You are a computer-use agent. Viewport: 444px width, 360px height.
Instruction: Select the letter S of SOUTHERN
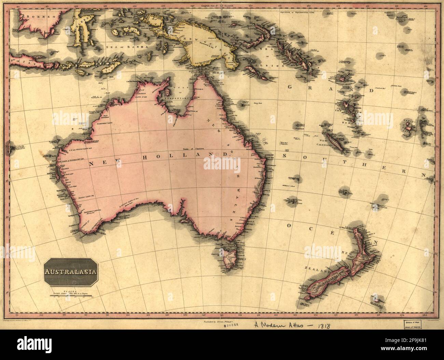[x=285, y=155]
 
